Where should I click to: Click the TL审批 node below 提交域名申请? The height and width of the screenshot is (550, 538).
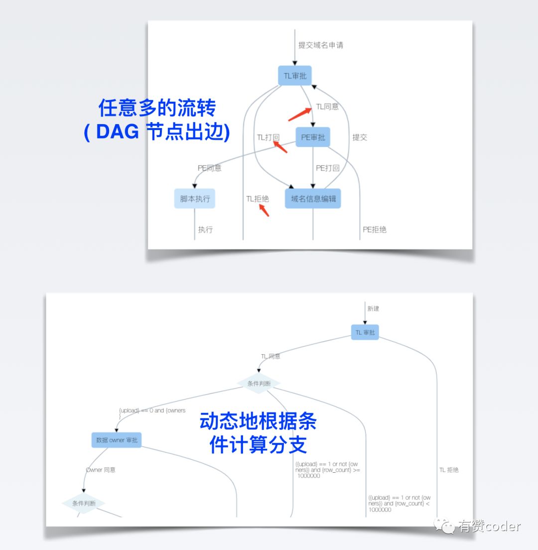[294, 76]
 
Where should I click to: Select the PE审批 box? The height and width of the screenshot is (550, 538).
[313, 137]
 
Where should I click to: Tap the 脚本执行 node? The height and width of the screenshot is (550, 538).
[195, 199]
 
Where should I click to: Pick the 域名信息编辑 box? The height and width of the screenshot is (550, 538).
[313, 199]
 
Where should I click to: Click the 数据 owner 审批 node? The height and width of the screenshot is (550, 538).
[117, 440]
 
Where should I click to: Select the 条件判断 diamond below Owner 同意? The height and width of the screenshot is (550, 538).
[83, 503]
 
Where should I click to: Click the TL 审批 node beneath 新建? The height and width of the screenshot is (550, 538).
[365, 332]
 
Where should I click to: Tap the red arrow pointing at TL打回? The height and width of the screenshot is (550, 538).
[280, 147]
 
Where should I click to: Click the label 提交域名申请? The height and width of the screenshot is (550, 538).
[320, 45]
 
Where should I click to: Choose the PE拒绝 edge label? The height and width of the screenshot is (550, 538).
[374, 230]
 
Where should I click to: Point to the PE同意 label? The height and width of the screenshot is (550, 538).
[209, 168]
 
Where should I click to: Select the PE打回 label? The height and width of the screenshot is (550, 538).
[327, 168]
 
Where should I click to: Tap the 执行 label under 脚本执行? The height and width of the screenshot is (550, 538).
[205, 230]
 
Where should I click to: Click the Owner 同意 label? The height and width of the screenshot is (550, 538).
[101, 470]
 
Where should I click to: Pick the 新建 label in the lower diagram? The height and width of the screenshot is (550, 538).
[373, 309]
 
